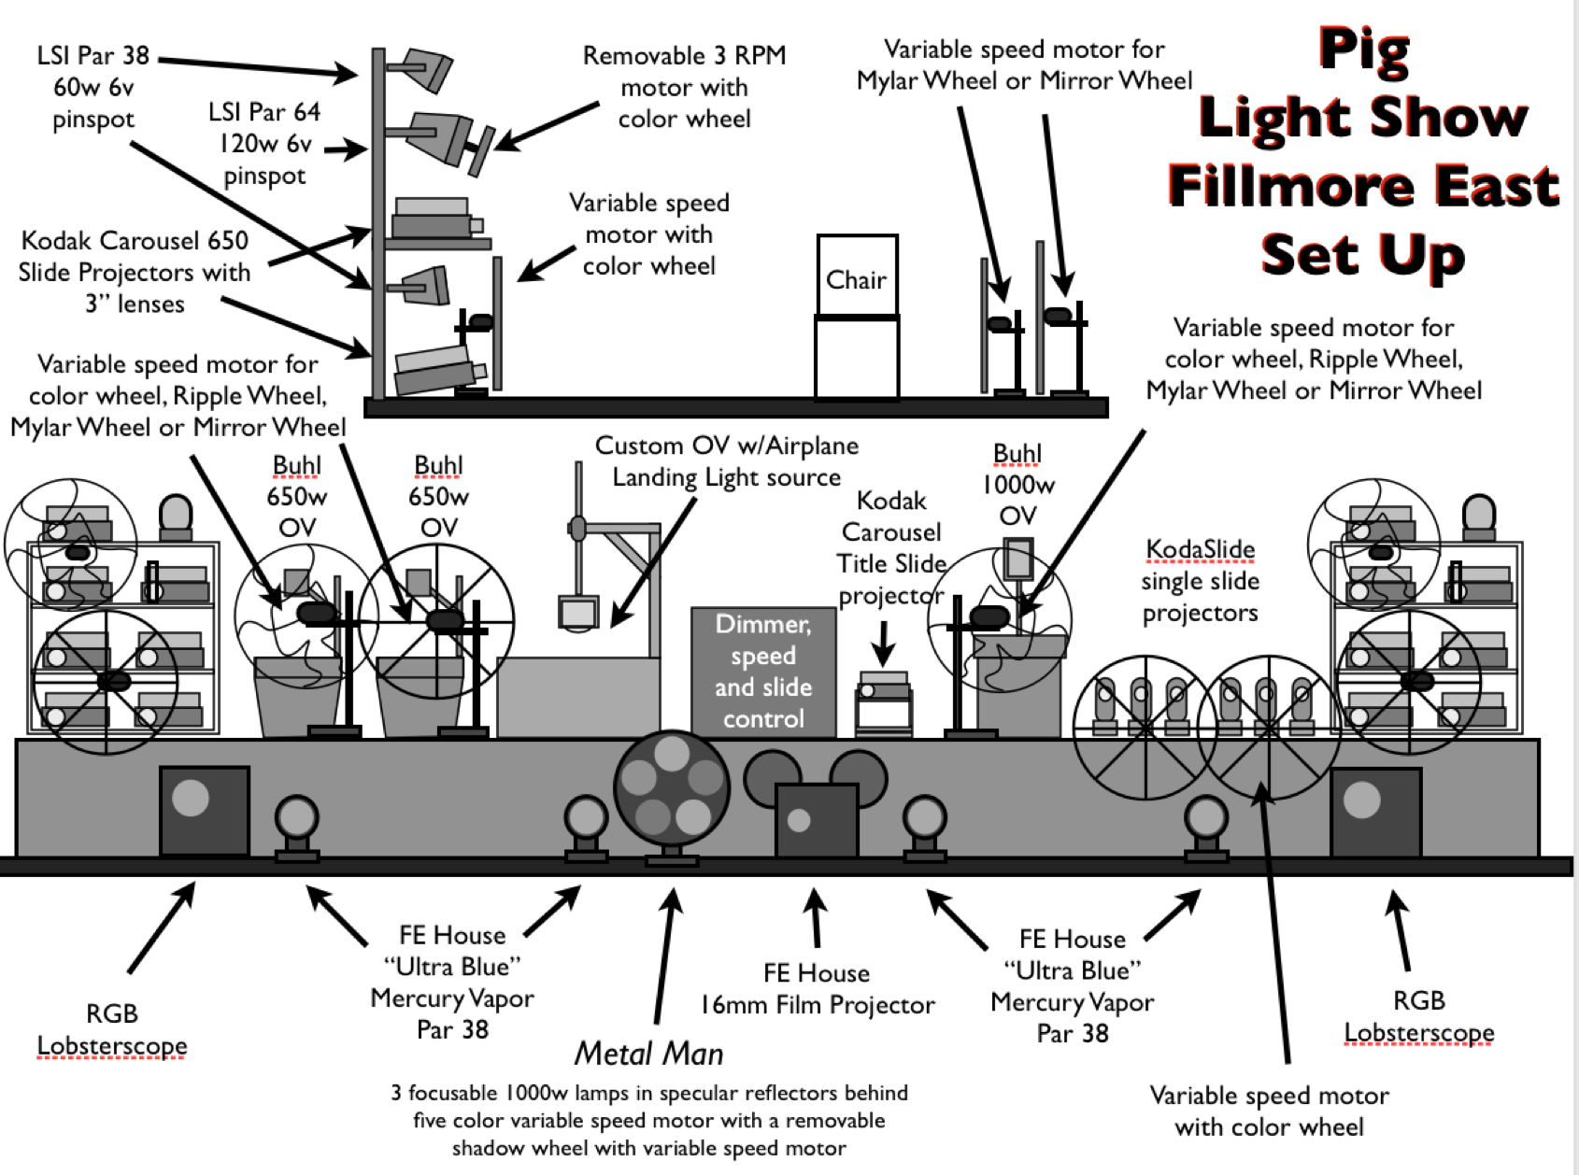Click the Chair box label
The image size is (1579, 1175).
point(856,280)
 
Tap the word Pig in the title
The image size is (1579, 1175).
point(1363,50)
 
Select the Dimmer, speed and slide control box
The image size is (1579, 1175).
point(763,671)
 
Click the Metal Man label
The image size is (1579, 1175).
point(648,1054)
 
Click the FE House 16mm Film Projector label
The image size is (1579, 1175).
point(817,989)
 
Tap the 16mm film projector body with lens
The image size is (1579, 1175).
point(815,820)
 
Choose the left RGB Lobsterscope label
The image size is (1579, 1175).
point(112,1029)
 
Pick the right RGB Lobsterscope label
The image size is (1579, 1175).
point(1418,1016)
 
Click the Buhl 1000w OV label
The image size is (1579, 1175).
point(1017,484)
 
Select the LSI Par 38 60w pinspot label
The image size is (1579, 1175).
point(93,87)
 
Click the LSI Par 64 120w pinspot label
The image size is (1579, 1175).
point(264,143)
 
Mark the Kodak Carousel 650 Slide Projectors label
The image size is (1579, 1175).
point(135,272)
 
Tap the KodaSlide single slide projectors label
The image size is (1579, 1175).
point(1200,580)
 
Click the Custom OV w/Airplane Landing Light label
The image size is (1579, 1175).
point(727,461)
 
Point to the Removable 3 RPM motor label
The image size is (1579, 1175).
point(684,87)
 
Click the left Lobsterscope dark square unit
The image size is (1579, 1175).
point(204,809)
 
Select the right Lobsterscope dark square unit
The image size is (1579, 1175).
point(1374,811)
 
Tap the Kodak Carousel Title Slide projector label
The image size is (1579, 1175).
point(891,547)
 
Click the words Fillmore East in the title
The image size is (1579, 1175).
point(1363,185)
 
